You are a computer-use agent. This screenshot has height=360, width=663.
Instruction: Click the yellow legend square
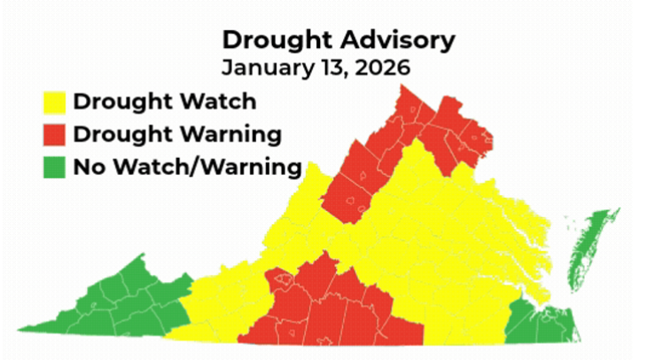(55, 102)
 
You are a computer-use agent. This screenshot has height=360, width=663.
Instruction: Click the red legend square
(55, 135)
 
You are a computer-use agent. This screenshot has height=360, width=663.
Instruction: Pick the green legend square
(55, 168)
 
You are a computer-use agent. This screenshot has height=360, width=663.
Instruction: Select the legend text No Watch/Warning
(186, 167)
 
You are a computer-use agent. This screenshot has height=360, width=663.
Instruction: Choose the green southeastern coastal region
(541, 324)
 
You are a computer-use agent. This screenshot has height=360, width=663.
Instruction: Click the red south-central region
(337, 310)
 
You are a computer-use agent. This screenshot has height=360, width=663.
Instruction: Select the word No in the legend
(87, 167)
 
